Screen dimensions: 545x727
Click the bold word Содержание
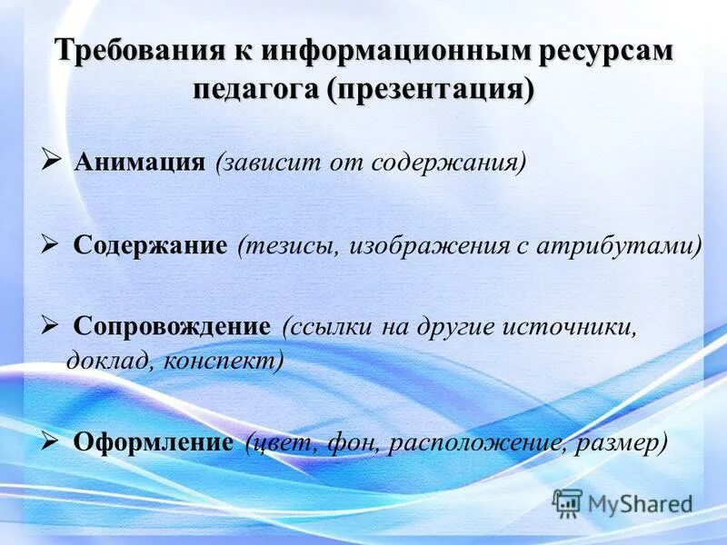click(150, 245)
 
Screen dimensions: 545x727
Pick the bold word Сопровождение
click(172, 326)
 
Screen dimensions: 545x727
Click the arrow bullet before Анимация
click(51, 161)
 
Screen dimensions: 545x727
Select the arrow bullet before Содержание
click(51, 243)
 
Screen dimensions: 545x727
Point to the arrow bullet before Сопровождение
click(51, 324)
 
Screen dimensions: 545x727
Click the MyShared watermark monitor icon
click(568, 502)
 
